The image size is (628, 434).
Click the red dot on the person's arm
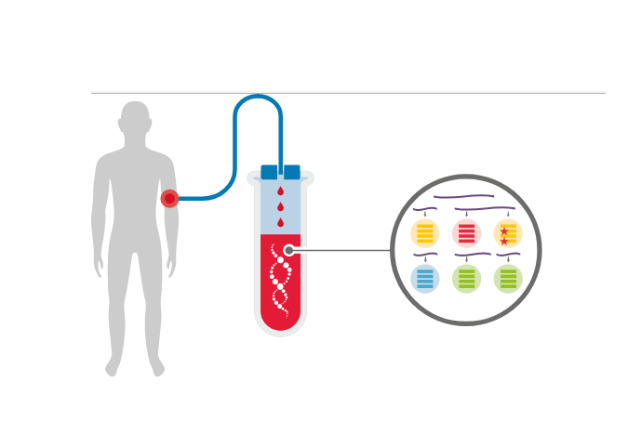tap(169, 198)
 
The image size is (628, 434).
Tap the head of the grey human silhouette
tap(135, 119)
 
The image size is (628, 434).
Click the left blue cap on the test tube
tap(269, 172)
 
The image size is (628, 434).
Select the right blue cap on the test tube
tap(292, 172)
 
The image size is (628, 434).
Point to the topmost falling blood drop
tap(280, 191)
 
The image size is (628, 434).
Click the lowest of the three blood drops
tap(280, 222)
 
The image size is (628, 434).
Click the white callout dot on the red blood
tap(289, 250)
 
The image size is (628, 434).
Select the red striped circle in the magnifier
tap(466, 233)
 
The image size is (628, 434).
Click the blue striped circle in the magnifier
tap(425, 278)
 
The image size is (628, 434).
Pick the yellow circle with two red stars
tap(508, 233)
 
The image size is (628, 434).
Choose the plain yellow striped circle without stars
tap(425, 233)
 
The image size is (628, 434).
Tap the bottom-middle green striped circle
tap(466, 278)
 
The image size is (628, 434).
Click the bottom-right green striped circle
tap(508, 278)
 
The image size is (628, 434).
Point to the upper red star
tap(504, 230)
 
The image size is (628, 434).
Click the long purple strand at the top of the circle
tap(463, 197)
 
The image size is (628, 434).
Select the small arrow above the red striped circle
tap(466, 215)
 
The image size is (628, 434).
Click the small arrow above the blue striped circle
tap(425, 259)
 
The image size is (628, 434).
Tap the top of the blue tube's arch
tap(258, 97)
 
